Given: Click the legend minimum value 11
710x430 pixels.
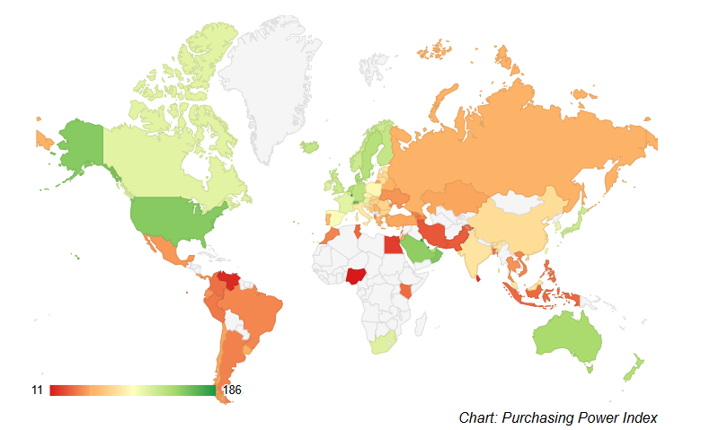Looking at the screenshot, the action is click(x=37, y=390).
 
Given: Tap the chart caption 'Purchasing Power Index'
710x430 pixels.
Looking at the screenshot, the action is click(x=557, y=417).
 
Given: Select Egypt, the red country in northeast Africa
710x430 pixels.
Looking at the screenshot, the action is click(x=393, y=244).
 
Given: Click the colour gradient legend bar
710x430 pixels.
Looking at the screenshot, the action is click(x=132, y=390).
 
